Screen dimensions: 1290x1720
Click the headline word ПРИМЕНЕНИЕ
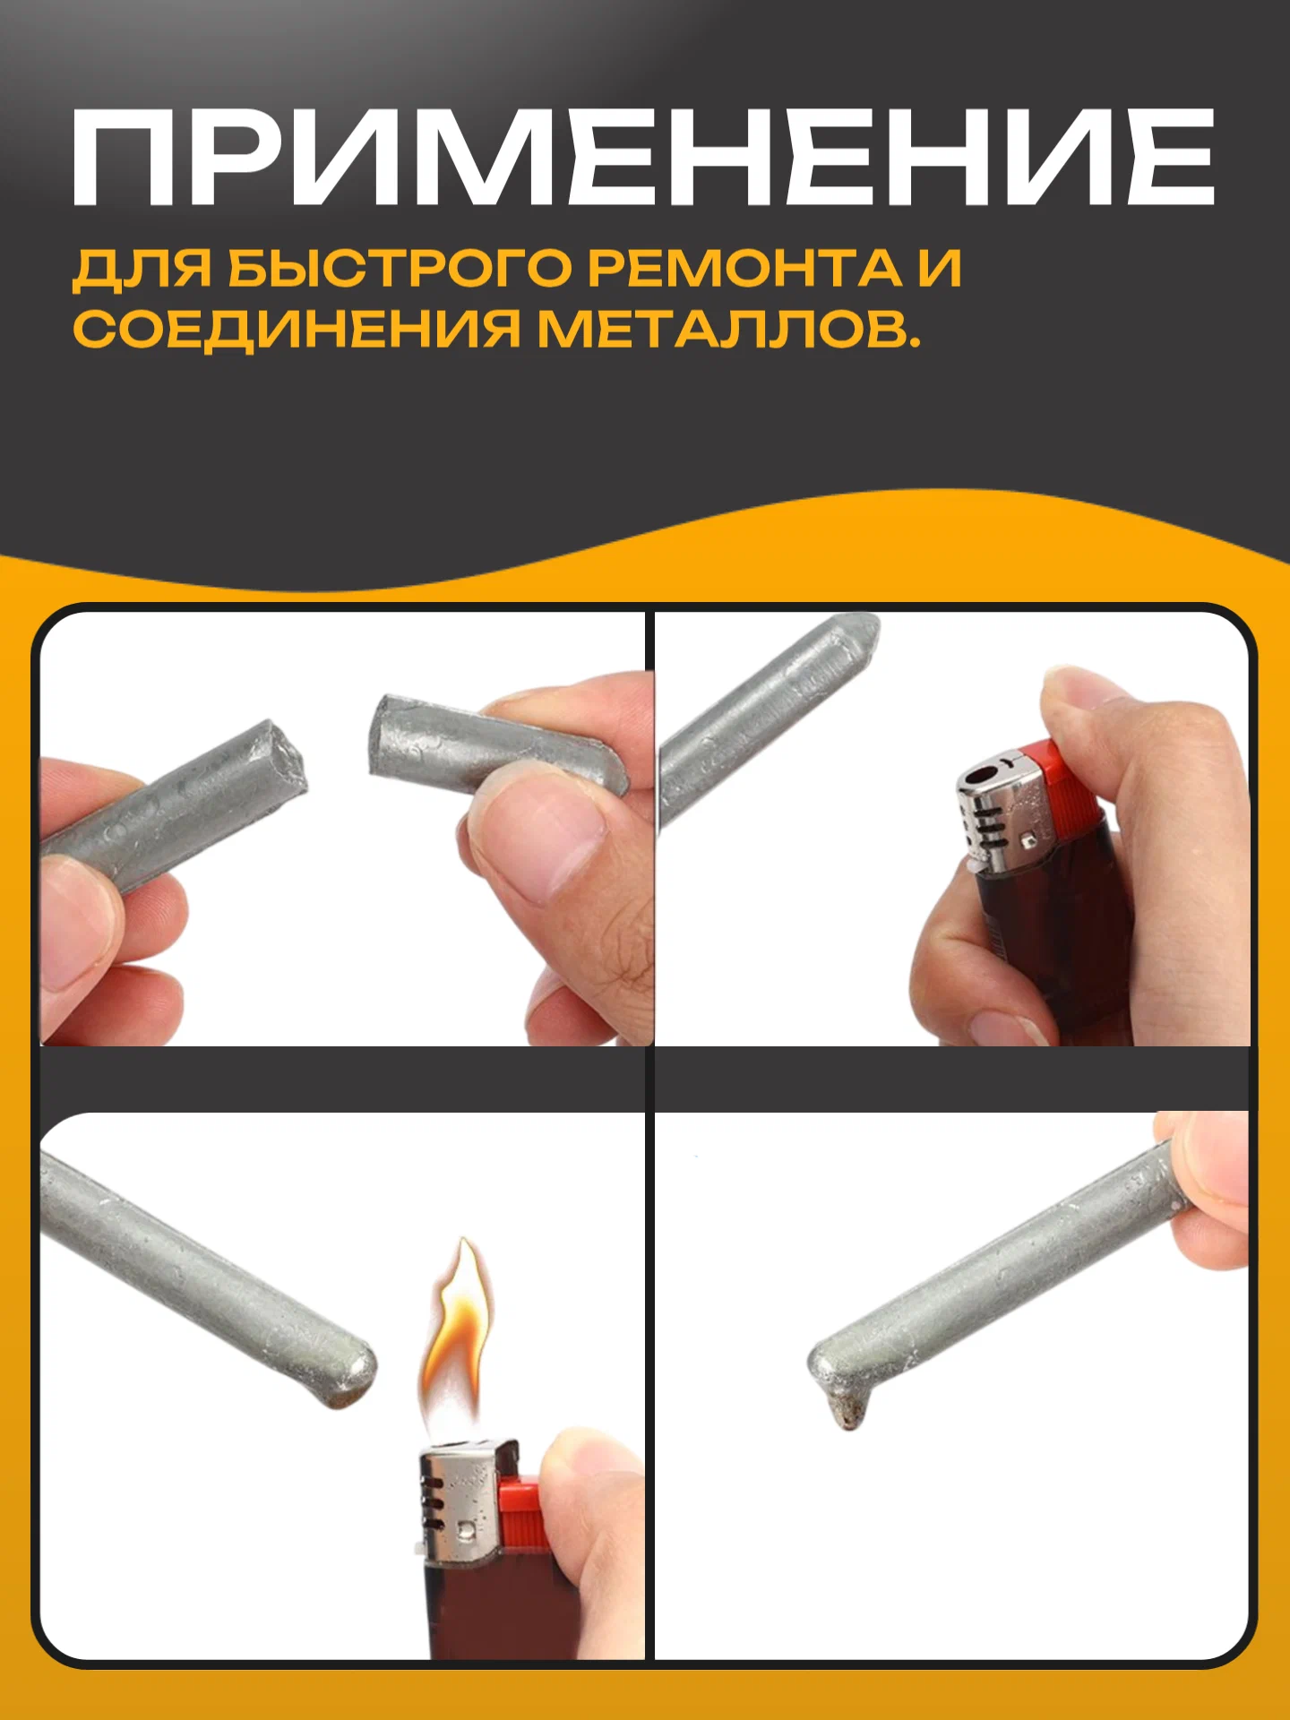coord(643,158)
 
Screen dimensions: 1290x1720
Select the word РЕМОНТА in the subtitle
coord(745,268)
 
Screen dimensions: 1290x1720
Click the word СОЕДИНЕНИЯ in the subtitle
coord(297,329)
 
